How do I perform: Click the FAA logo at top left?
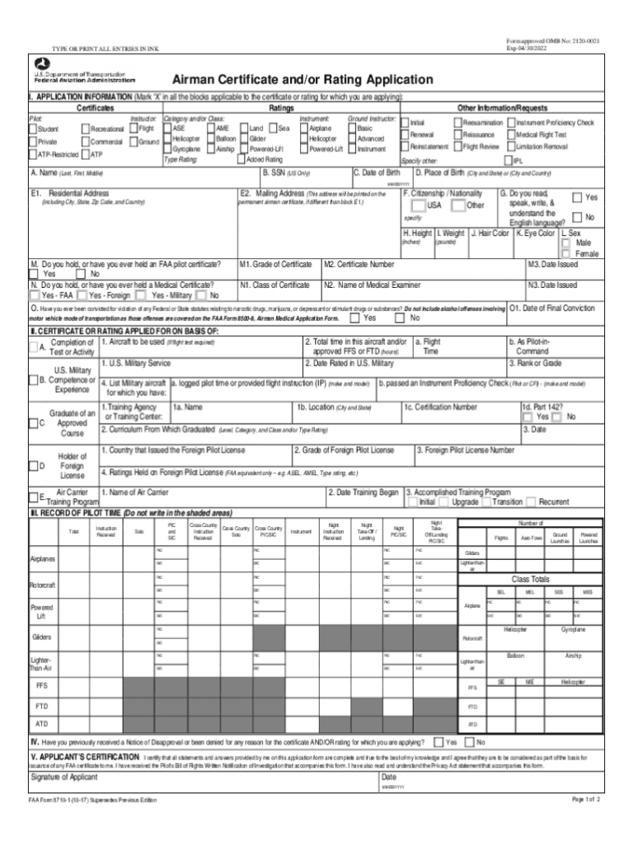40,64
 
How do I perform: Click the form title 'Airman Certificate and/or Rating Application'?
302,80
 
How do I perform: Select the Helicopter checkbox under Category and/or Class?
168,139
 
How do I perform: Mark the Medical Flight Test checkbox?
511,134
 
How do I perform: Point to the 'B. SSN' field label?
286,173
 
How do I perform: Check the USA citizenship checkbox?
420,205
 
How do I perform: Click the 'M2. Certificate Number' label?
359,265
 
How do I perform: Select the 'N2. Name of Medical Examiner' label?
373,285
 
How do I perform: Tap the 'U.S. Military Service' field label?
135,363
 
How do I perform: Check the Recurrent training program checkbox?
532,501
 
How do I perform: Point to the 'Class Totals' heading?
532,579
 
